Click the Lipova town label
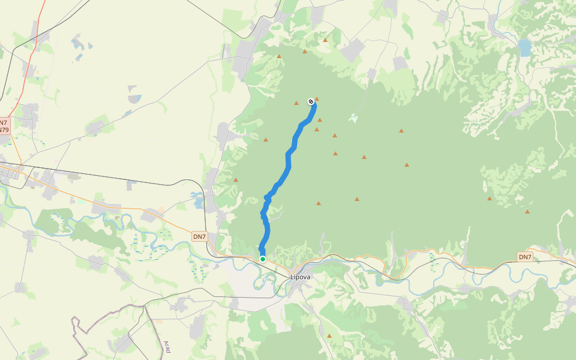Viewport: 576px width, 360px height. tap(300, 277)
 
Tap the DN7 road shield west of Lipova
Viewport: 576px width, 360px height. tap(200, 236)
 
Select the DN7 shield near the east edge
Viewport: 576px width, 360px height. tap(525, 257)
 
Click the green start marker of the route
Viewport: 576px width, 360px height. tap(263, 259)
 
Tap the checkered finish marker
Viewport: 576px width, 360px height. tap(311, 101)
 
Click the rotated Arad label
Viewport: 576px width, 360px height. tap(167, 346)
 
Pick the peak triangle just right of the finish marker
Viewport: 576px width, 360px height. tap(317, 99)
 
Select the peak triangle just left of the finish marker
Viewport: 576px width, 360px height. tap(296, 103)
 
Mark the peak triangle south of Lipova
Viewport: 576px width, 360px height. tap(329, 335)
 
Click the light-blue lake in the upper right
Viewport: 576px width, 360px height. tap(525, 47)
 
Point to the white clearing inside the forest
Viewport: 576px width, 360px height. tap(353, 118)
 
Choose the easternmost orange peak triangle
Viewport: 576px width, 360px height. tap(527, 212)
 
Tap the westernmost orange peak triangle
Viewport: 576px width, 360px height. tap(236, 180)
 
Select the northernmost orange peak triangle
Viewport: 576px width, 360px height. tap(325, 40)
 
